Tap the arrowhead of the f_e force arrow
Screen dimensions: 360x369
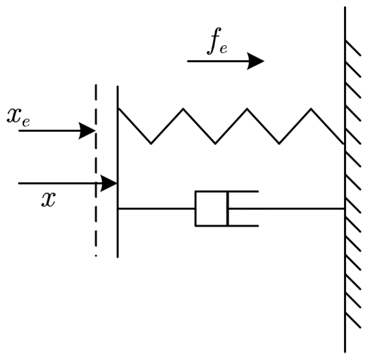tap(256, 61)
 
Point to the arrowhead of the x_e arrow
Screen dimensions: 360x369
tap(88, 131)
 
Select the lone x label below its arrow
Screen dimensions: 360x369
tap(48, 199)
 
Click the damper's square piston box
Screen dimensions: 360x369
tap(211, 209)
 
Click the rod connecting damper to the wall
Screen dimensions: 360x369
tap(286, 209)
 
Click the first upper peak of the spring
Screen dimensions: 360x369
tap(183, 109)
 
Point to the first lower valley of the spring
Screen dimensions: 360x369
tap(151, 143)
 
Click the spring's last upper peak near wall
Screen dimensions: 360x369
tap(311, 109)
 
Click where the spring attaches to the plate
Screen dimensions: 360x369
tap(118, 108)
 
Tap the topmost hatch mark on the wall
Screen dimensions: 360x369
tap(353, 48)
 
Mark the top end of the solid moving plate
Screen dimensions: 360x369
tap(117, 87)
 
